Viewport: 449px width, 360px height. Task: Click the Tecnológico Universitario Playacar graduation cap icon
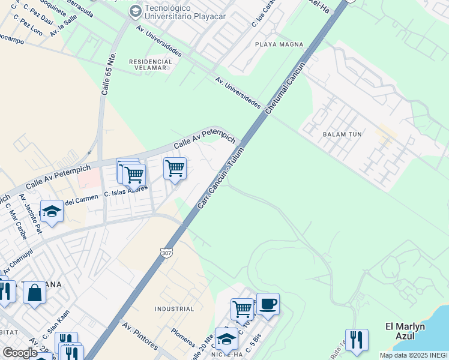135,11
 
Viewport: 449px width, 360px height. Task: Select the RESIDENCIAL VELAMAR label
148,64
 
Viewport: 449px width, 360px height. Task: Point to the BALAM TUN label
342,134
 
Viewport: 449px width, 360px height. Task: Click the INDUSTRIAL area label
174,309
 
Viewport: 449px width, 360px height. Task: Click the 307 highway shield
167,253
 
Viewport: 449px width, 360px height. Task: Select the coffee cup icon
268,304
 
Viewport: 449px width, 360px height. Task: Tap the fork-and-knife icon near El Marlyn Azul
357,340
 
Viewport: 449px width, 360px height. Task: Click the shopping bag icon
35,293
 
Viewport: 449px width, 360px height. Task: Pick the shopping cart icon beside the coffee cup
242,310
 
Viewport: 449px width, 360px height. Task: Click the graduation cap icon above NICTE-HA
226,338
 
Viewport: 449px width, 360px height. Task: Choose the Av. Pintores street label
140,337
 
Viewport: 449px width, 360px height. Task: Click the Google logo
19,353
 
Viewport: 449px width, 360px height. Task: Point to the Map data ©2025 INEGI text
414,355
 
